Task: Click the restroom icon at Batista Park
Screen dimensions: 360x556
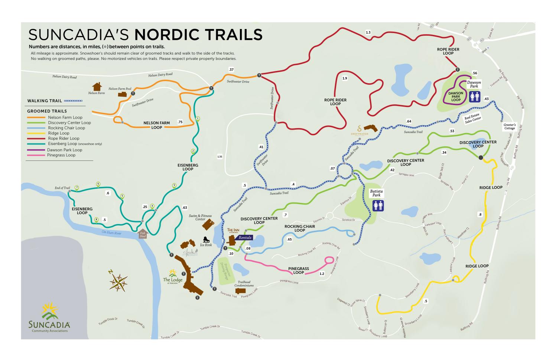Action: click(x=378, y=205)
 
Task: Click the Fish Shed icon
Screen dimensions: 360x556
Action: click(x=143, y=233)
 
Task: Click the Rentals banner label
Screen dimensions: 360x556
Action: click(x=245, y=237)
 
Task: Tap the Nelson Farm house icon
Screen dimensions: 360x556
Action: click(x=97, y=87)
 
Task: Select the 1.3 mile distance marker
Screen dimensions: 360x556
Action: click(x=368, y=33)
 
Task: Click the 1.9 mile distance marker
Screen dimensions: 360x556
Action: click(x=345, y=78)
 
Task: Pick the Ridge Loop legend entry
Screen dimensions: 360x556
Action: click(x=59, y=133)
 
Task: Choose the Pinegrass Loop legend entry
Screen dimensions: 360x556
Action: click(x=61, y=155)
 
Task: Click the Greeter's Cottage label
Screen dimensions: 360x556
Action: click(x=510, y=126)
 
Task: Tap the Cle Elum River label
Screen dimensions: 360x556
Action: click(x=111, y=233)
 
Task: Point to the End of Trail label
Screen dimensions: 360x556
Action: click(x=62, y=188)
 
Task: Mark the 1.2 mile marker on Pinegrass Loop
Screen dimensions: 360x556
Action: click(x=322, y=274)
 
